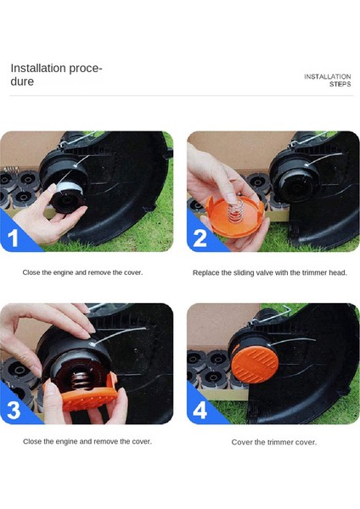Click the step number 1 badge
13,238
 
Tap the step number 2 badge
200,238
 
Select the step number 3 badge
14,410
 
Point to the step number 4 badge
200,410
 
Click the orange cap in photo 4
255,364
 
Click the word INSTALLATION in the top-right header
328,76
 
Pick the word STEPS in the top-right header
340,84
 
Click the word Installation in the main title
38,68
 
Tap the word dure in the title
22,81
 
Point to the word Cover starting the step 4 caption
239,442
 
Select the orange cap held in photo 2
234,215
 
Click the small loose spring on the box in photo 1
11,169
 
